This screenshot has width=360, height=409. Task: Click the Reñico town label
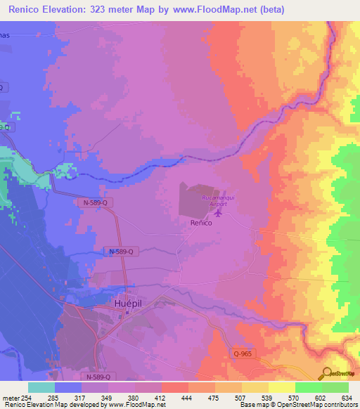point(202,222)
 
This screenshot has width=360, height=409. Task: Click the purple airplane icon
point(217,212)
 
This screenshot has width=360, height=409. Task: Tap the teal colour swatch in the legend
point(41,387)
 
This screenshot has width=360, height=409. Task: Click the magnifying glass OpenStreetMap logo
point(327,373)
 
